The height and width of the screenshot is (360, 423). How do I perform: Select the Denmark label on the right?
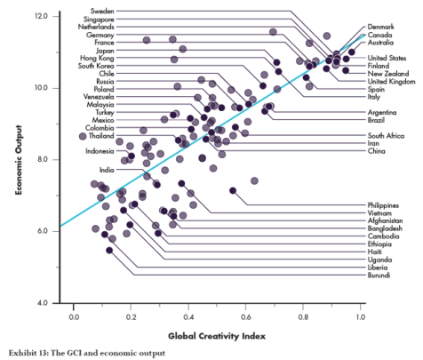[383, 27]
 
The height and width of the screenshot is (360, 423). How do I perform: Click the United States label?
[388, 58]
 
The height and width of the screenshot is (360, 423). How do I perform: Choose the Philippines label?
[386, 205]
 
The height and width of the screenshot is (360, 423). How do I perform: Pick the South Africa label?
[387, 135]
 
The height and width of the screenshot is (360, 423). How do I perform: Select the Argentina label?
[384, 113]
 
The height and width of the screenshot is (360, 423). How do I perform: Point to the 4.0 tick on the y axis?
[42, 303]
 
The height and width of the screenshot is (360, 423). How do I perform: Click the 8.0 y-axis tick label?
[42, 160]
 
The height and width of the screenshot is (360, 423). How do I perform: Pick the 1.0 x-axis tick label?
[360, 316]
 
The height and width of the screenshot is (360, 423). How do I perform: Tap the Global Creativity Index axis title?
[217, 336]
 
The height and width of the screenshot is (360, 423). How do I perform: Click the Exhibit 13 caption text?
[86, 353]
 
